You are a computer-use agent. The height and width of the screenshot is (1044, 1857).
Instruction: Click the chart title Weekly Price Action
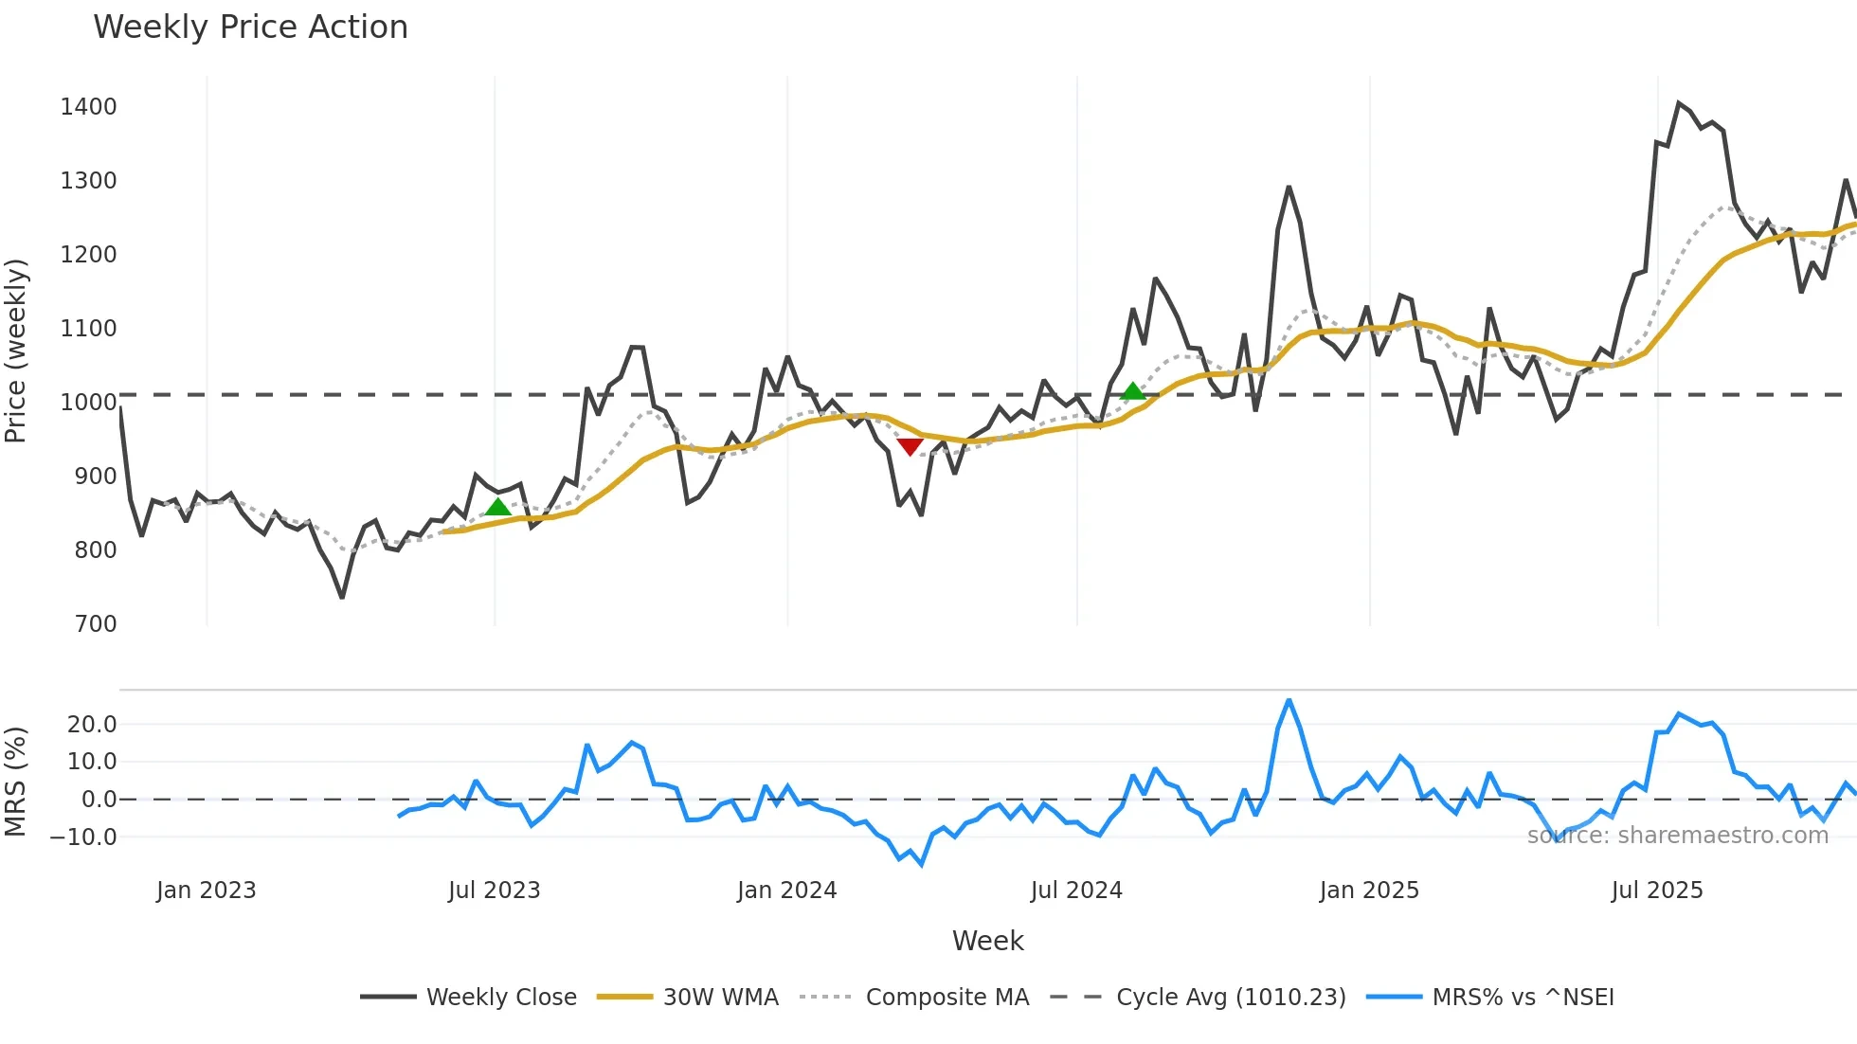(250, 27)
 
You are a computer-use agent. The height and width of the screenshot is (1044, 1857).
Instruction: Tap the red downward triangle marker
(910, 446)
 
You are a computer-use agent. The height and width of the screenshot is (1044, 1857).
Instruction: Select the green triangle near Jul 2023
(497, 507)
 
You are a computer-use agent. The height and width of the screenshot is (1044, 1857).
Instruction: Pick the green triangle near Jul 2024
(1132, 390)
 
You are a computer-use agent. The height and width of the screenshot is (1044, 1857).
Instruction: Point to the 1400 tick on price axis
(88, 106)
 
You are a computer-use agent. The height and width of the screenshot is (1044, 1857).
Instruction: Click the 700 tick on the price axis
(95, 623)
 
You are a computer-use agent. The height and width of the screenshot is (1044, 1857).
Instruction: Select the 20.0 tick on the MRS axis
(92, 725)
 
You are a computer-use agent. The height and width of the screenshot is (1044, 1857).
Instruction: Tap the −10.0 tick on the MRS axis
(83, 837)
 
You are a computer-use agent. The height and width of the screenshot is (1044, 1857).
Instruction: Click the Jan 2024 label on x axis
(786, 891)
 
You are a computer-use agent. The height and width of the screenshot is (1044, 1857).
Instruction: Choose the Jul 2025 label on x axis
(1656, 891)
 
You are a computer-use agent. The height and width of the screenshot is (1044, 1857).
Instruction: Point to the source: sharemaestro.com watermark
(1677, 836)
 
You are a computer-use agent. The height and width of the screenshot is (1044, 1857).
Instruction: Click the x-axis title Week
(987, 941)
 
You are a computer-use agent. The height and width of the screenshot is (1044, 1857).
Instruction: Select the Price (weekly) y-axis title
(15, 351)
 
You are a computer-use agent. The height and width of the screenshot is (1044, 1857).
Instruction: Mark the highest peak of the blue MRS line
(1289, 700)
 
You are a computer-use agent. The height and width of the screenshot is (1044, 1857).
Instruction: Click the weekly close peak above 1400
(1678, 103)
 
